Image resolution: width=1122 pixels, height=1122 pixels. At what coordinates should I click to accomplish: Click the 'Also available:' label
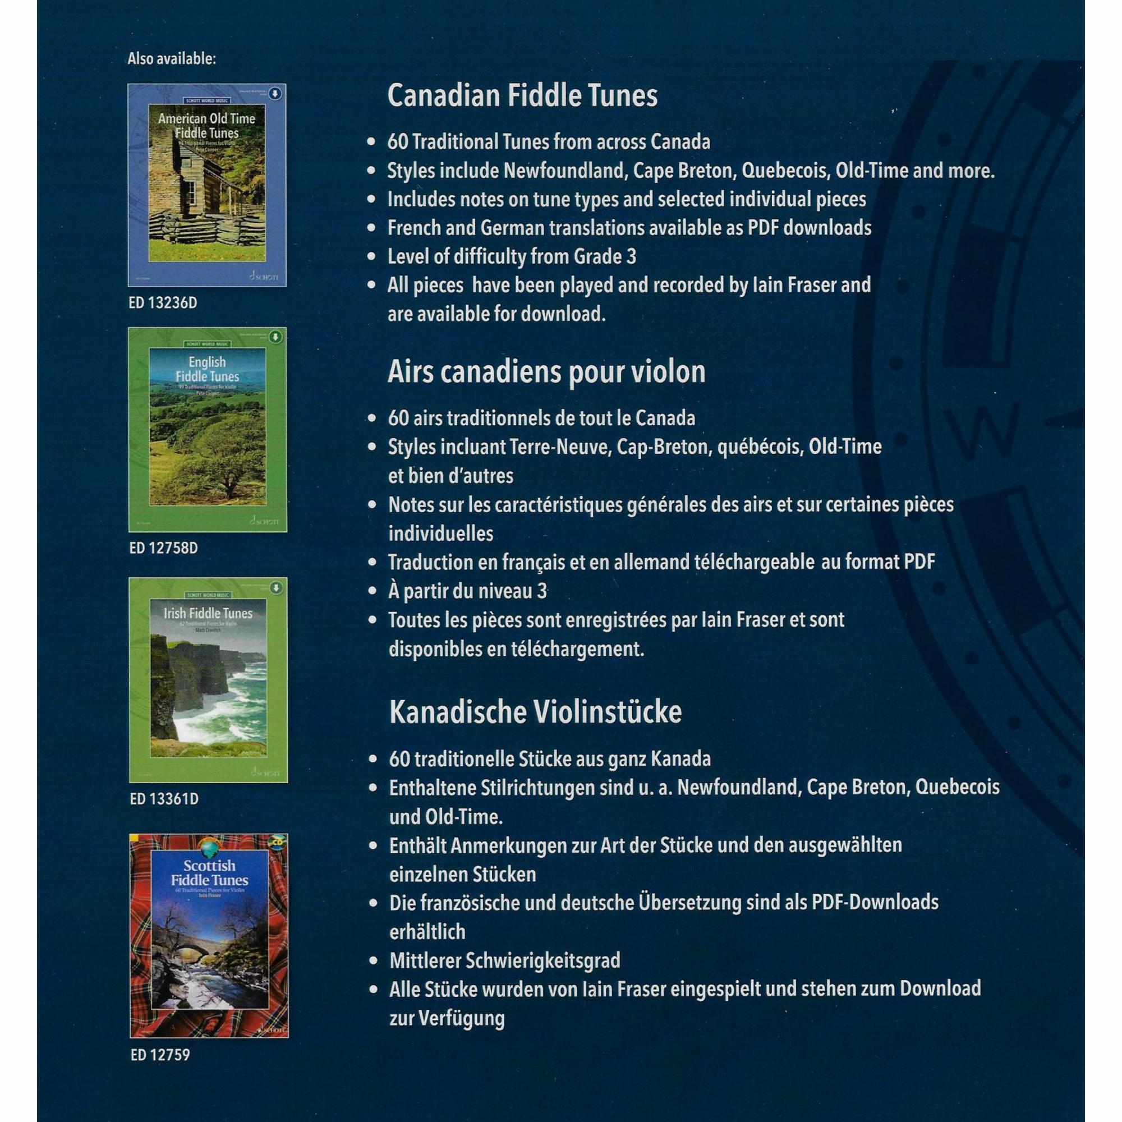point(171,59)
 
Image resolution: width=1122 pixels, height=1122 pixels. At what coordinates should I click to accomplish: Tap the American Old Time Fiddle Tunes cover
point(208,185)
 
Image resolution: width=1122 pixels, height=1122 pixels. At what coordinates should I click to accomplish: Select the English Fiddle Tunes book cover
point(208,430)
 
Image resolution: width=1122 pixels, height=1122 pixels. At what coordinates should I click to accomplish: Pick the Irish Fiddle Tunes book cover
point(208,680)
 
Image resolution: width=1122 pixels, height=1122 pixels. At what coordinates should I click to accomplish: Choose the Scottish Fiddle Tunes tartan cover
point(209,936)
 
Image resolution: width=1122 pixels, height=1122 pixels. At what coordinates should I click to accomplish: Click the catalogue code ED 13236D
point(163,303)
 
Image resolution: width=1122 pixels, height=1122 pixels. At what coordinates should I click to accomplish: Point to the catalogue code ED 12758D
point(163,548)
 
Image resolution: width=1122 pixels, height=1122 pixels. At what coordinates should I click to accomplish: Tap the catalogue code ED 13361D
point(164,799)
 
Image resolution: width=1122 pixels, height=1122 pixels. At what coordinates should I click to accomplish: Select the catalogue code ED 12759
point(160,1055)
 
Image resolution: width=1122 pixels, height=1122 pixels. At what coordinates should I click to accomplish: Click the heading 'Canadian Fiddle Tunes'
point(522,96)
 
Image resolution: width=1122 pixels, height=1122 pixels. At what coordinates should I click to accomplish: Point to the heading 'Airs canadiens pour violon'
point(546,372)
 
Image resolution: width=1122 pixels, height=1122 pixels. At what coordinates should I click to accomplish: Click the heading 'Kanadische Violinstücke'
point(535,712)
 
